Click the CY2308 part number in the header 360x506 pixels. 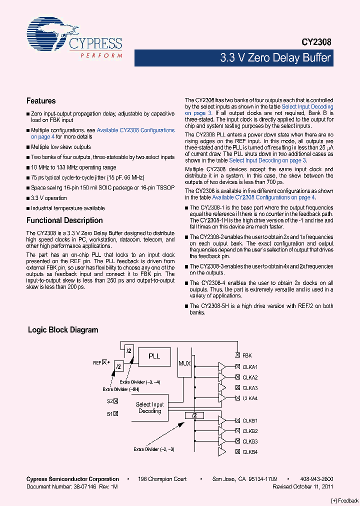click(316, 43)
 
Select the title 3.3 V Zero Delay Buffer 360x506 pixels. click(275, 58)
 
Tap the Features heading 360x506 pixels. click(41, 101)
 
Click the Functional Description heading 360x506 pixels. click(64, 220)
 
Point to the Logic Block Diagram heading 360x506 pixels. click(63, 330)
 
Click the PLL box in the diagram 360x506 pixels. click(154, 356)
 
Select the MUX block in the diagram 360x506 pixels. click(184, 363)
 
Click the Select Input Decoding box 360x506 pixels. click(150, 407)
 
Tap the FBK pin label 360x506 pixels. click(247, 356)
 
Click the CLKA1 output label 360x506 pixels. click(250, 367)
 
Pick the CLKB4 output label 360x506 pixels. click(250, 452)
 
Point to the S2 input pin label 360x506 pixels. click(109, 401)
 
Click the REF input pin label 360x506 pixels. click(97, 362)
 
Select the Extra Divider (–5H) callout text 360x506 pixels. click(120, 389)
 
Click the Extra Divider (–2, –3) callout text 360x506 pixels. click(153, 449)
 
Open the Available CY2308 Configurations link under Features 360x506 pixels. click(135, 130)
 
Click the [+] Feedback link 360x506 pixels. click(345, 500)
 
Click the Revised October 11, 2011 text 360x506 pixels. click(302, 486)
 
